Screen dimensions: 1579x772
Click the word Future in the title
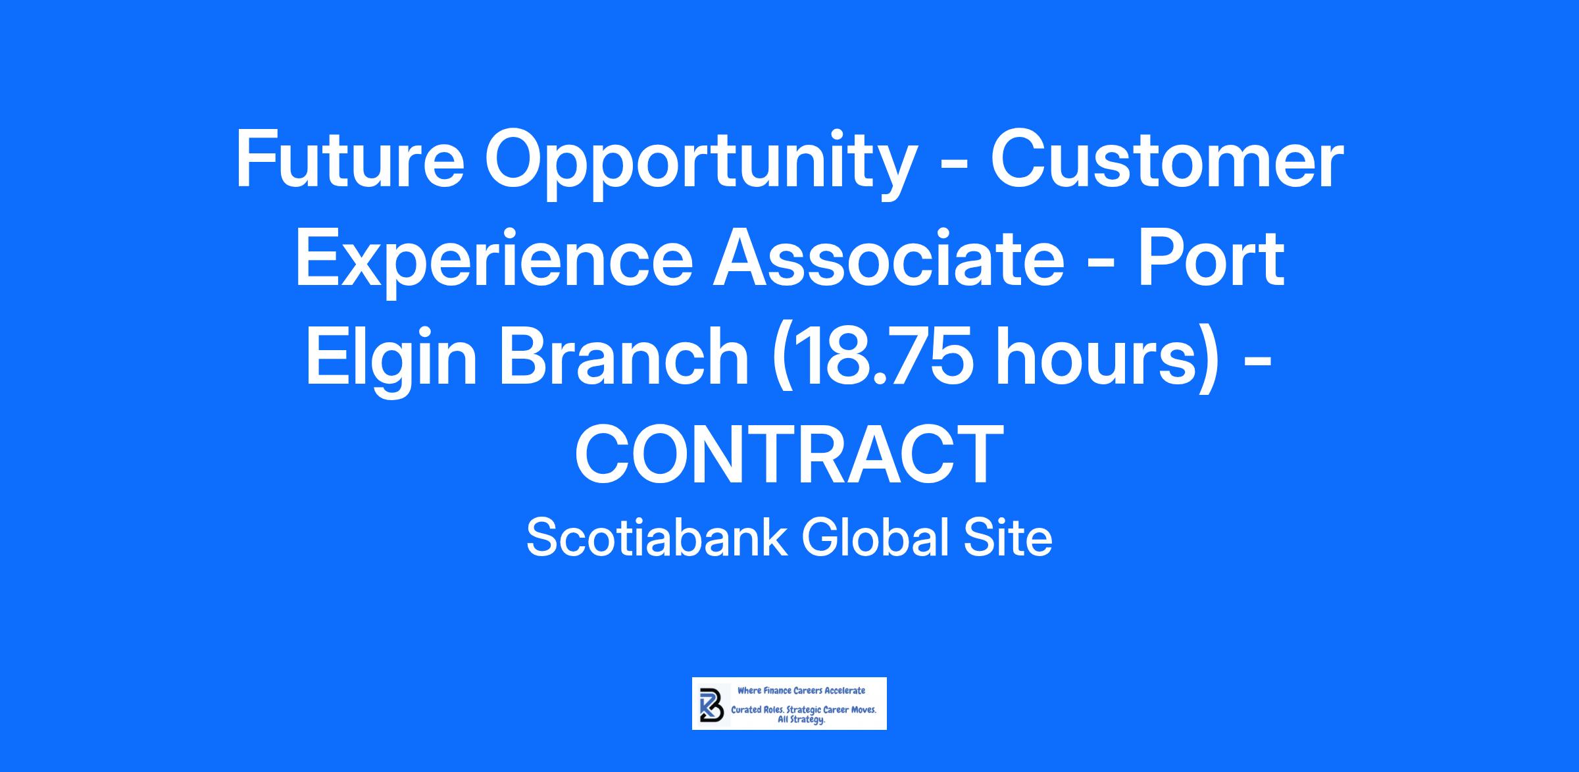[x=350, y=161]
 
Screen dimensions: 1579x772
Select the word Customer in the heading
[x=1167, y=161]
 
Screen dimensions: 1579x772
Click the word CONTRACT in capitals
[x=789, y=454]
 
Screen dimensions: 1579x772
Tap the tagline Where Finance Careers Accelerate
[x=801, y=691]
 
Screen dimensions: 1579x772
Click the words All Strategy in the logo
[x=801, y=721]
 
